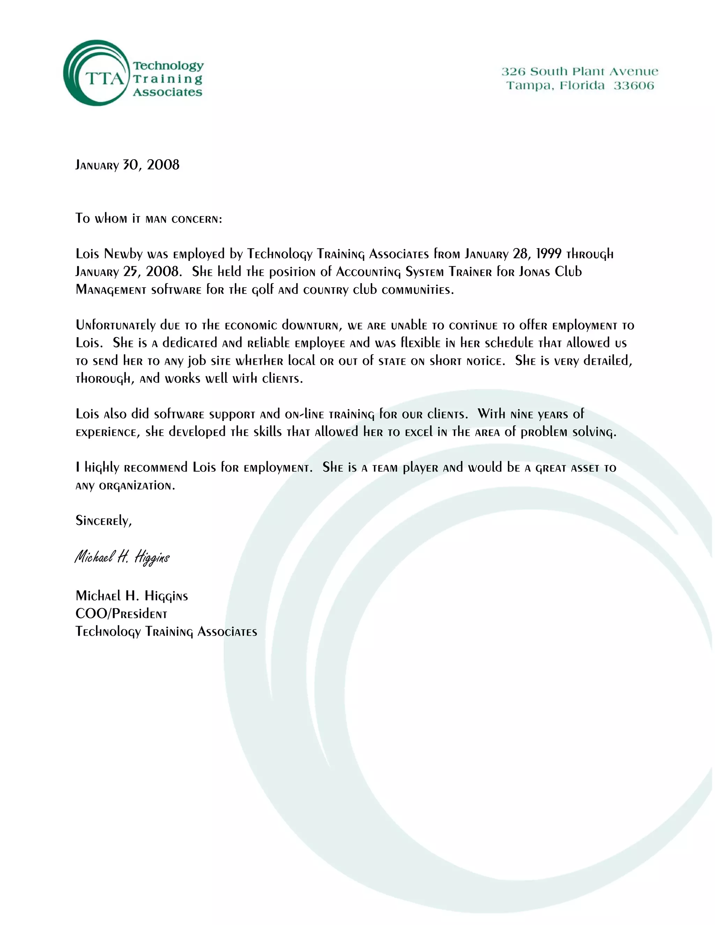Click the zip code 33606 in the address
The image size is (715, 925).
634,86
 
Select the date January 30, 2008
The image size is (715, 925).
127,165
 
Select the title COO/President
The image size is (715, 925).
121,614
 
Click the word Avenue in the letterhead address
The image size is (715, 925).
634,72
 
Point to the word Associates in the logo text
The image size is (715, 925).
168,92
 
